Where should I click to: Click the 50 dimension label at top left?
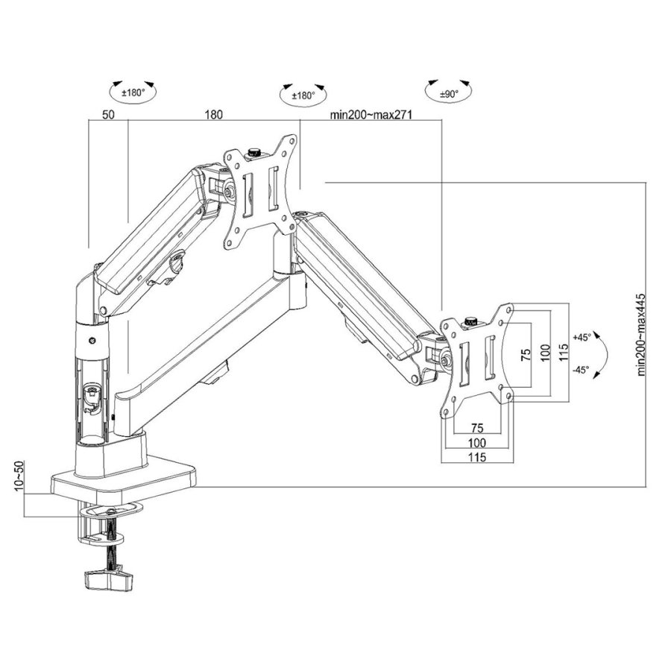click(x=108, y=116)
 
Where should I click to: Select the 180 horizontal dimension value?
click(x=213, y=116)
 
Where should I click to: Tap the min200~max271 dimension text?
click(x=371, y=116)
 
